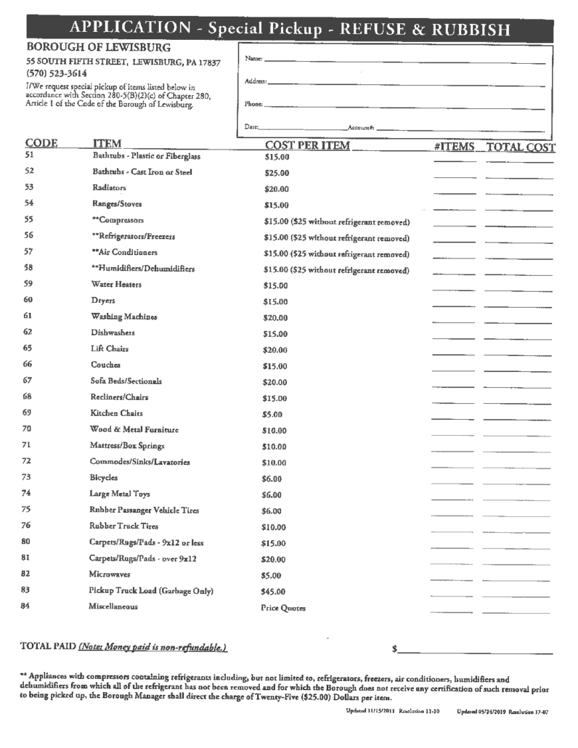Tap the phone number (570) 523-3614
tap(57, 74)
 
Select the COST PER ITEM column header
tap(307, 146)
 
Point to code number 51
tap(29, 155)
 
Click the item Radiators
tap(110, 187)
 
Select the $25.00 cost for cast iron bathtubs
tap(277, 173)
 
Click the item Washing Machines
tap(123, 317)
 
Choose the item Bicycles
tap(104, 478)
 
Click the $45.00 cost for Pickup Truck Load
tap(274, 591)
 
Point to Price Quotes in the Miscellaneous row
tap(283, 608)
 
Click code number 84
tap(26, 606)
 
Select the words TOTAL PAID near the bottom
tap(47, 646)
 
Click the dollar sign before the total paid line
tap(394, 648)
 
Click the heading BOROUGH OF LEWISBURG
tap(98, 48)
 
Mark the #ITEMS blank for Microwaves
tap(451, 580)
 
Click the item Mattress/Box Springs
tap(127, 445)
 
